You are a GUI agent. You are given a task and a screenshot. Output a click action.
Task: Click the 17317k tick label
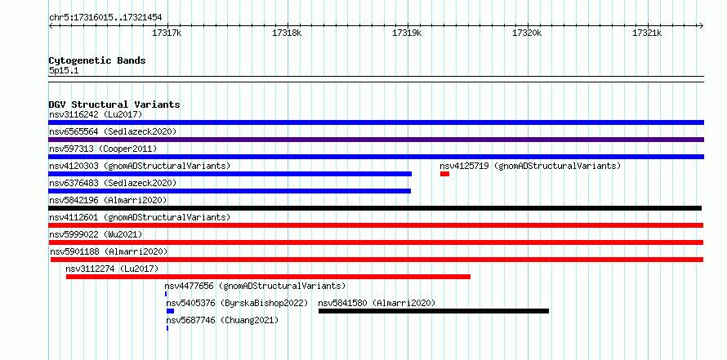tap(167, 33)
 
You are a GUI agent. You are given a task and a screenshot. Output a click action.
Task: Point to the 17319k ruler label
tap(407, 33)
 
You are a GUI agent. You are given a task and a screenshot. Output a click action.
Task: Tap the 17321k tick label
tap(647, 33)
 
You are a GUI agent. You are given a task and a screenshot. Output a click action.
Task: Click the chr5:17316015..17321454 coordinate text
tap(105, 18)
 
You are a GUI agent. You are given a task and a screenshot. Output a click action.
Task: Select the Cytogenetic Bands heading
tap(97, 60)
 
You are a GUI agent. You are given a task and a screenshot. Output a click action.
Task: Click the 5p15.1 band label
tap(64, 71)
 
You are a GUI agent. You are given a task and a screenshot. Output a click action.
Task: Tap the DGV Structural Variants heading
tap(114, 104)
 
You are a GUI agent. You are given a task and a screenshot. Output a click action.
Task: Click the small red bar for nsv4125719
tap(444, 174)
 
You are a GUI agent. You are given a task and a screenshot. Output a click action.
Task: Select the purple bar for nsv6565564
tap(376, 140)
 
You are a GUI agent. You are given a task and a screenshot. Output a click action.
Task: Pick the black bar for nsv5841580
tap(434, 311)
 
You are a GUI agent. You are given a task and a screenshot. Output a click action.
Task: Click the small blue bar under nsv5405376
tap(170, 311)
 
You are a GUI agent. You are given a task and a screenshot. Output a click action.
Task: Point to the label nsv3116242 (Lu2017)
tap(96, 114)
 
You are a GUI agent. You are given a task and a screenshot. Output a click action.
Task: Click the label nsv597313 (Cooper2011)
tap(103, 149)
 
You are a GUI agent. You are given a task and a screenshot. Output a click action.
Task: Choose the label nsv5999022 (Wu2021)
tap(96, 234)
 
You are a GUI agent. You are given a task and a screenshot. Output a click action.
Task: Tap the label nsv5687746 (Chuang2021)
tap(222, 320)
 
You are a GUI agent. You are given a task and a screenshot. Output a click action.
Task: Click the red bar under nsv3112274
tap(268, 277)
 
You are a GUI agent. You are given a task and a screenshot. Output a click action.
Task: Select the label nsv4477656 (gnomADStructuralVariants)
tap(255, 286)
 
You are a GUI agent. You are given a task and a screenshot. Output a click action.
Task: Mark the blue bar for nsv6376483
tap(230, 191)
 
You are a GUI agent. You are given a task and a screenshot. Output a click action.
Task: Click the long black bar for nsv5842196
tap(375, 208)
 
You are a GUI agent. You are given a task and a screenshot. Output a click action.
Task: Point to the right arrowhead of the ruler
tap(702, 25)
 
